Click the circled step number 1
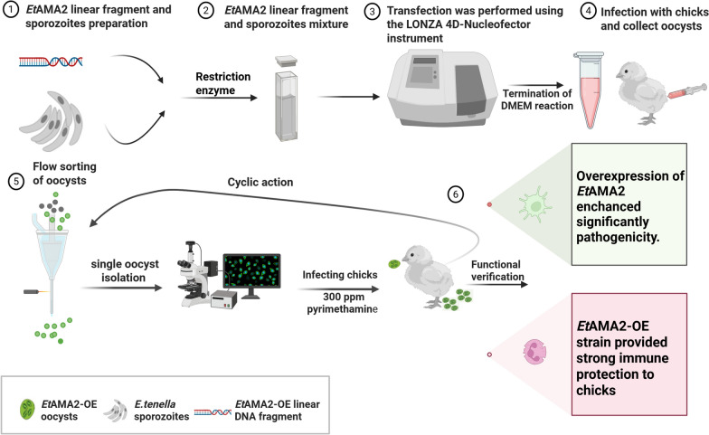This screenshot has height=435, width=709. point(11,9)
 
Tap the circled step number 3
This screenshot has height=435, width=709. point(372,11)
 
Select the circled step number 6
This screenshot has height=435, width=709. point(456,194)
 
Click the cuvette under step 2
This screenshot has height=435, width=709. point(287,98)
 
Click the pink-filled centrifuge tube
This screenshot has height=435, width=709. point(590,90)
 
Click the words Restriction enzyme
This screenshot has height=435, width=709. point(222,83)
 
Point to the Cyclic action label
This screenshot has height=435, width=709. point(260,182)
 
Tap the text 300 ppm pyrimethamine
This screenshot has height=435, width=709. point(342,303)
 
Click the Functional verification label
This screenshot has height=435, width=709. point(497,270)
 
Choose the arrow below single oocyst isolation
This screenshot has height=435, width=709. point(122,288)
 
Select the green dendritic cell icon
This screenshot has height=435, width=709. point(535,206)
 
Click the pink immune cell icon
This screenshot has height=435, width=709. point(535,353)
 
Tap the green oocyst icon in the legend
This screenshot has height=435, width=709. point(27,409)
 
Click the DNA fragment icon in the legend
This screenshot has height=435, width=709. point(213,412)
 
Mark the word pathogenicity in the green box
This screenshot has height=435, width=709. point(618,237)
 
